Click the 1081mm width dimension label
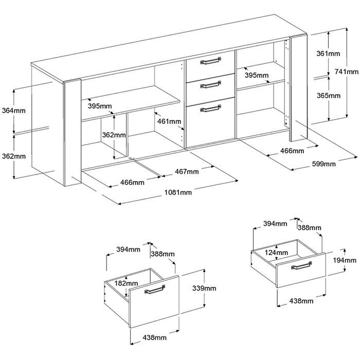178,192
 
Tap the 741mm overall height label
346,71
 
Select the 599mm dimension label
323,164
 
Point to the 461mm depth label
169,121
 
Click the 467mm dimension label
187,171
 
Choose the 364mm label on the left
13,111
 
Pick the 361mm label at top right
328,53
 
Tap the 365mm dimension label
329,95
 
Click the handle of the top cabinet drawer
210,61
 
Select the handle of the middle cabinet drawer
210,84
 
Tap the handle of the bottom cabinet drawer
210,109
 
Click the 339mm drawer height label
204,288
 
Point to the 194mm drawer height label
345,260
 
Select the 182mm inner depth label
127,283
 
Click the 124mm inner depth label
277,253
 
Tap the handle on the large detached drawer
155,290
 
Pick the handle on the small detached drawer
301,266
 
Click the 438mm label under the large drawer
154,337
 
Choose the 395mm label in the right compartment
257,75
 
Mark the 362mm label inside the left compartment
114,135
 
